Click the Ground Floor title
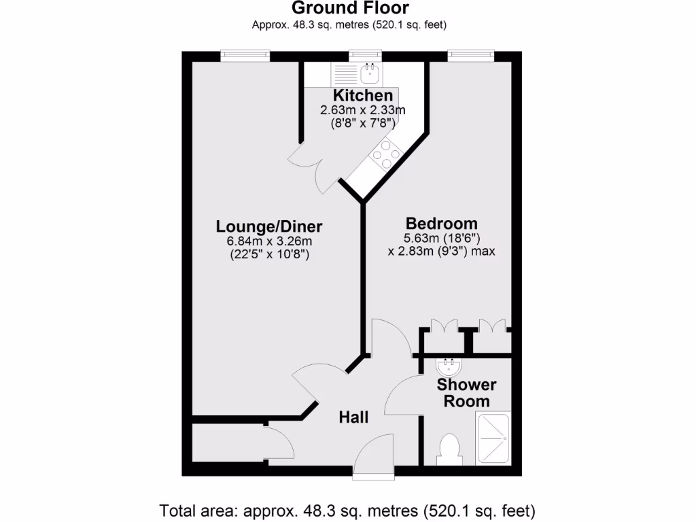coord(350,9)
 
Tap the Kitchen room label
coord(363,96)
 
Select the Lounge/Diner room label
coord(269,226)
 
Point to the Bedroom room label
coord(441,223)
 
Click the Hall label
coord(353,417)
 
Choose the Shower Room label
coord(466,393)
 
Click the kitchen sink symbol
coord(371,71)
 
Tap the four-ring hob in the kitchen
coord(386,154)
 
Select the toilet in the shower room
coord(449,449)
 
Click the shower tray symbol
coord(493,438)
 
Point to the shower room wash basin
coord(449,368)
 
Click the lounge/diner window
coord(245,55)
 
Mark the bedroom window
coord(470,55)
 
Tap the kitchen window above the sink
coord(364,55)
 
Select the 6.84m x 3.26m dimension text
coord(269,241)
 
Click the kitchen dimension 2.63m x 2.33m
coord(363,110)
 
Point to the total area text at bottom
coord(348,509)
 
